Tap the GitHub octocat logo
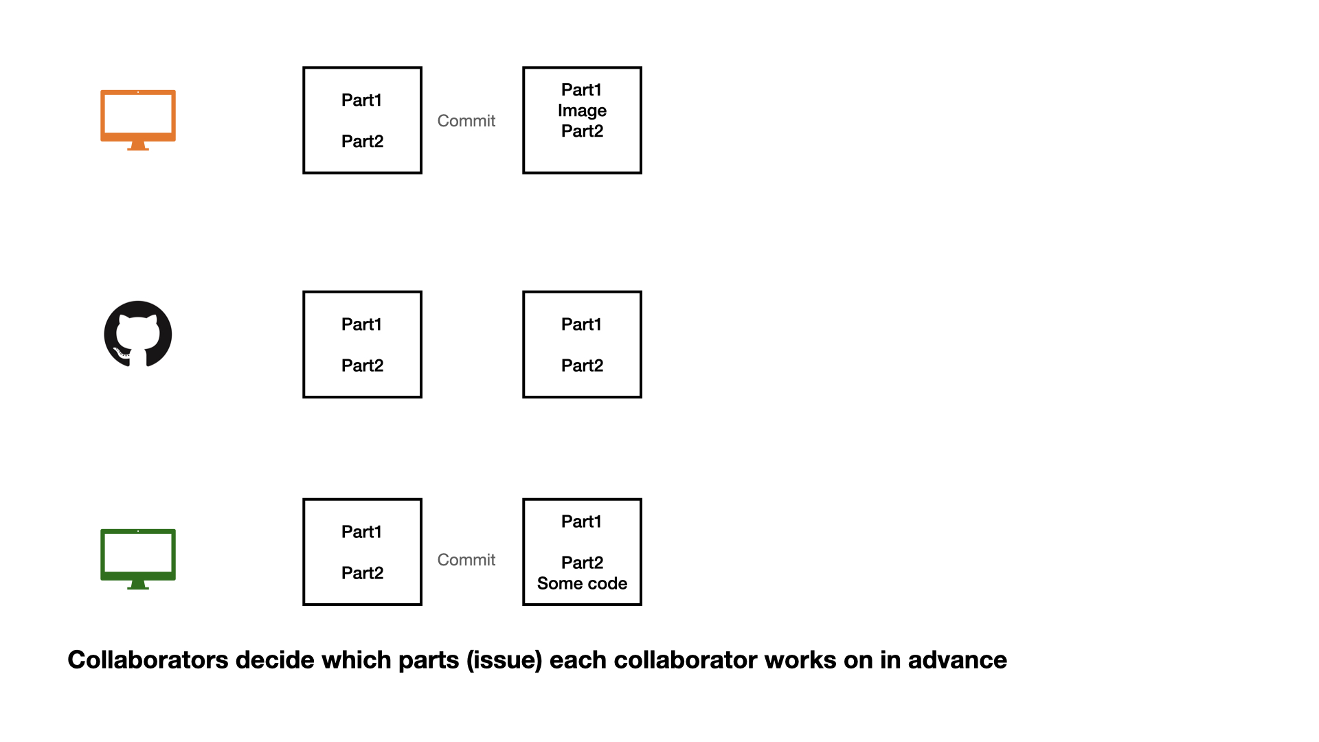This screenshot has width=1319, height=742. [x=138, y=335]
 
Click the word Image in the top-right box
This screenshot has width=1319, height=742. [x=582, y=111]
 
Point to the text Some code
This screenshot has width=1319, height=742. [x=582, y=583]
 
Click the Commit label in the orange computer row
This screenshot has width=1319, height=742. [x=466, y=121]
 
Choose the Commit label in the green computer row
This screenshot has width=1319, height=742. [x=466, y=560]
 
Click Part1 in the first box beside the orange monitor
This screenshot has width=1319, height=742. [x=361, y=100]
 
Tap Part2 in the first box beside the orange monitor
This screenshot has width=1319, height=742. [x=362, y=142]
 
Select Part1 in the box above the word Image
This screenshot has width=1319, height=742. [x=581, y=90]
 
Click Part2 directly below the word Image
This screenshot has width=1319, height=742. [x=582, y=131]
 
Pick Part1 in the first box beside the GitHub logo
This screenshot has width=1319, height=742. [x=361, y=324]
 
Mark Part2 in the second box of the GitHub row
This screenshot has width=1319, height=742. [x=582, y=366]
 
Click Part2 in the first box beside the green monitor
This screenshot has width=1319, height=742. [x=362, y=573]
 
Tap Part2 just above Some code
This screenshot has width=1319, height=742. [x=582, y=563]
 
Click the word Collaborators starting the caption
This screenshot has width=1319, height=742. [x=148, y=660]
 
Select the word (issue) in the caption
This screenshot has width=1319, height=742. [x=504, y=660]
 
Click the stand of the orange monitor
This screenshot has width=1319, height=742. [x=138, y=146]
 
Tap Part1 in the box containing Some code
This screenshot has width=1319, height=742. [x=581, y=521]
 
